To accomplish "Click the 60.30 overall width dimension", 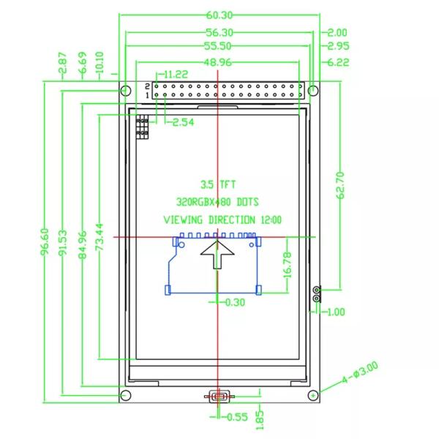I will click(219, 15).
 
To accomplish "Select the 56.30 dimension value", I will click(219, 32).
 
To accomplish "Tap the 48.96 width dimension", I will click(219, 63).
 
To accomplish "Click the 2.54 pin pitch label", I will click(183, 122).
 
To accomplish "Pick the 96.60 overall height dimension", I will click(47, 241).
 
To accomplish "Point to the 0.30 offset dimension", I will click(235, 301).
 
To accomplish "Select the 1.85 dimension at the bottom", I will click(261, 418).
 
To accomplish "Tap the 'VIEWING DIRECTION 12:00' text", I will click(222, 219).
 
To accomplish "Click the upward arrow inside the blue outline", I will click(218, 256).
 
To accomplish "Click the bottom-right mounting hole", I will click(313, 396).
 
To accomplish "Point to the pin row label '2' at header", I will click(147, 86).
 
